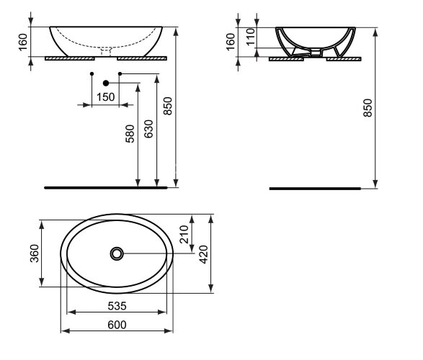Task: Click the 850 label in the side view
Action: (368, 107)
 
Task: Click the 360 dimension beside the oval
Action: (32, 253)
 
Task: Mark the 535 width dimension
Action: (115, 305)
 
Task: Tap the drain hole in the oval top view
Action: (117, 253)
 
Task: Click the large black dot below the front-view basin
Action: (106, 82)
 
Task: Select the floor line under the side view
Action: (313, 188)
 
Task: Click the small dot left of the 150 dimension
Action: (92, 74)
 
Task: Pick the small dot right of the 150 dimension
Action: (120, 74)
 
